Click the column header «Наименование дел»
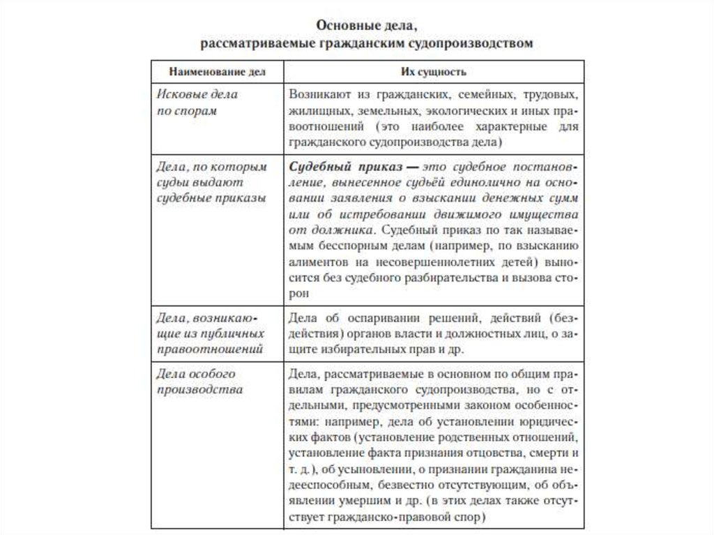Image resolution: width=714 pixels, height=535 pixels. pos(217,72)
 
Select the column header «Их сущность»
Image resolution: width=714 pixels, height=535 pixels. pos(432,72)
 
